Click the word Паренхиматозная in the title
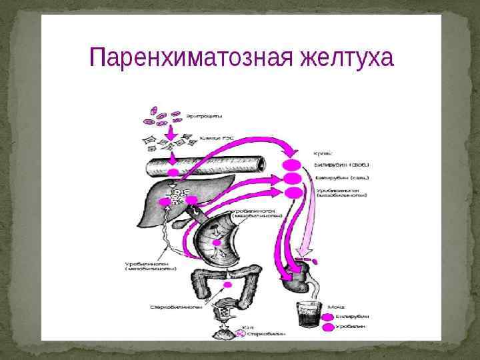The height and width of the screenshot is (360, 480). (x=181, y=58)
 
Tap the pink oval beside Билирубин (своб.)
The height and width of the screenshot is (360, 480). (x=292, y=164)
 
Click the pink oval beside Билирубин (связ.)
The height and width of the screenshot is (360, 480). (x=293, y=179)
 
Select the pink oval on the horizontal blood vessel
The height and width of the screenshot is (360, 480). (x=173, y=173)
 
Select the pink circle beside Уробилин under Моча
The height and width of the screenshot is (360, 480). (x=328, y=327)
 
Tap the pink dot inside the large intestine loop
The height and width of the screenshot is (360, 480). (x=228, y=285)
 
